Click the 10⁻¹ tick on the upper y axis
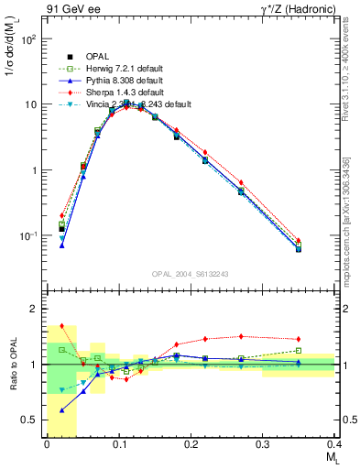(x=27, y=236)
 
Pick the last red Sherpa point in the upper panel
(x=323, y=241)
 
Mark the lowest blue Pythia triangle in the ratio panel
(x=62, y=410)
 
